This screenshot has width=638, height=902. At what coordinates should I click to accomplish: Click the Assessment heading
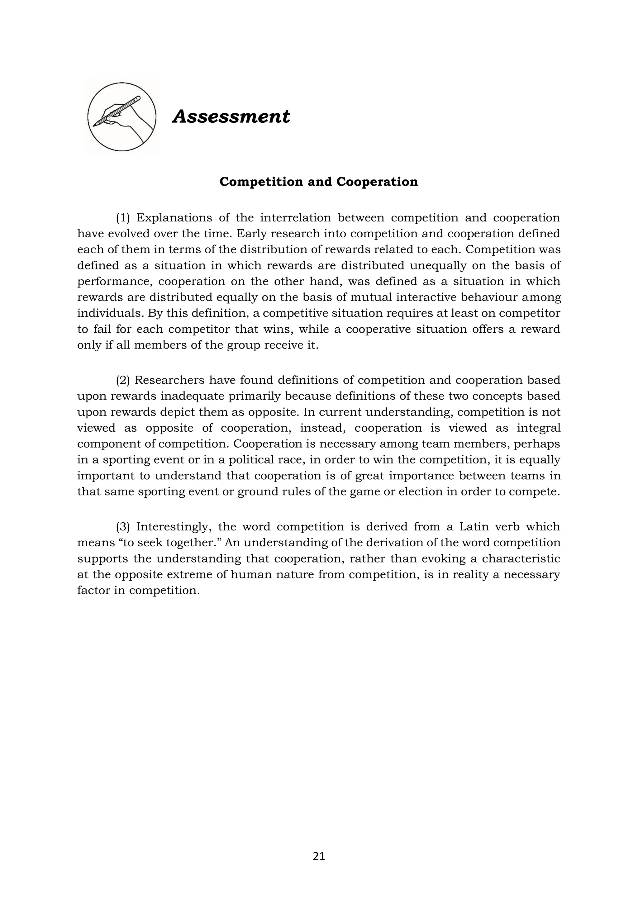[x=231, y=117]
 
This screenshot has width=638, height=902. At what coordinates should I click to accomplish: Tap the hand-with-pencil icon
[x=122, y=117]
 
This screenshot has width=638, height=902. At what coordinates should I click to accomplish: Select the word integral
[x=539, y=428]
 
